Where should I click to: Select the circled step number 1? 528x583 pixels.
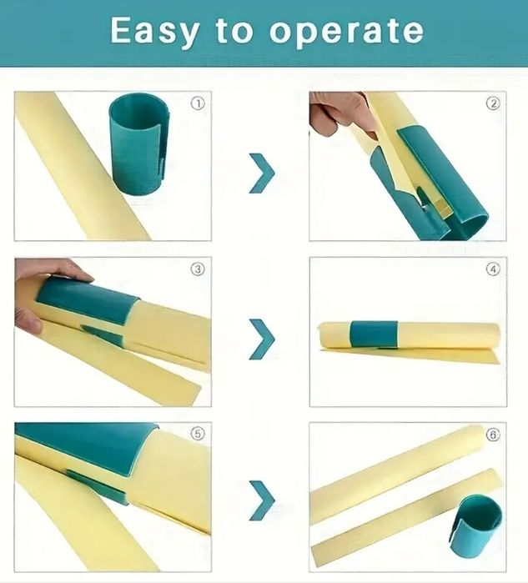pyautogui.click(x=198, y=104)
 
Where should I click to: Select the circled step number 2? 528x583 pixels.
pyautogui.click(x=493, y=104)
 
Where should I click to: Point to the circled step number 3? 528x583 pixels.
pyautogui.click(x=198, y=269)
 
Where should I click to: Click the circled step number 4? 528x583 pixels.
pyautogui.click(x=493, y=269)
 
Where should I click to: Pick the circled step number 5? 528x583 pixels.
pyautogui.click(x=198, y=434)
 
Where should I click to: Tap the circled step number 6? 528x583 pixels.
pyautogui.click(x=493, y=435)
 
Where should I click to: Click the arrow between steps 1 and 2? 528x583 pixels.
pyautogui.click(x=262, y=173)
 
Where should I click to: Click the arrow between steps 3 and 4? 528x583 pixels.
pyautogui.click(x=262, y=336)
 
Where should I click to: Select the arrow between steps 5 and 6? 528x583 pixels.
pyautogui.click(x=262, y=500)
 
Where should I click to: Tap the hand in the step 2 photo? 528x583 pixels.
pyautogui.click(x=338, y=113)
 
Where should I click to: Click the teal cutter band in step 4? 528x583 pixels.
pyautogui.click(x=374, y=334)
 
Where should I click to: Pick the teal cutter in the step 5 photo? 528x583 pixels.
pyautogui.click(x=83, y=455)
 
